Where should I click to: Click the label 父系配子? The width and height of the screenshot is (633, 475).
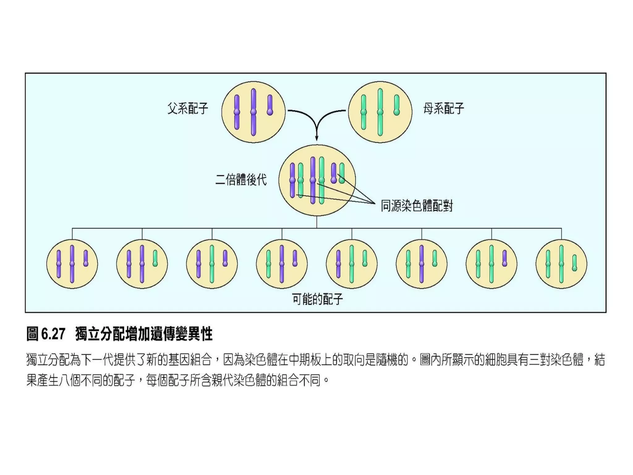188,109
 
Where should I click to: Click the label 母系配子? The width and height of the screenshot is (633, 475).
444,109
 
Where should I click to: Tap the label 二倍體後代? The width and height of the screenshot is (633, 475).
241,180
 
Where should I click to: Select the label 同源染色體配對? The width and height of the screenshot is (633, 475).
417,206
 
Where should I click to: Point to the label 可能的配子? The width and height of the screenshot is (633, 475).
317,299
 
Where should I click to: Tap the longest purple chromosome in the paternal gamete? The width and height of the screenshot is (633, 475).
253,112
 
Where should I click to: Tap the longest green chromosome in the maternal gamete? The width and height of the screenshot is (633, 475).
380,112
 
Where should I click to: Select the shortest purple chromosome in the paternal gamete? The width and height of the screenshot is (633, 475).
270,105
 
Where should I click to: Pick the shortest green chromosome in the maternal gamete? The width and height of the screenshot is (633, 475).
397,105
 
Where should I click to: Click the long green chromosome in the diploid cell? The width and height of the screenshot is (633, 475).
321,180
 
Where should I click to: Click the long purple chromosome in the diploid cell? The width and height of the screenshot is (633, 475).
313,180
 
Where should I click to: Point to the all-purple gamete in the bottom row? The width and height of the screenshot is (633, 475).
72,264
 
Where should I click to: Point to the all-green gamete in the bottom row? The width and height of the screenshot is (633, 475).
561,264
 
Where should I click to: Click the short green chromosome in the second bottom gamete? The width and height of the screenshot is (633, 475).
155,258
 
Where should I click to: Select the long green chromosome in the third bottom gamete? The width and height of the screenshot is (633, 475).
212,264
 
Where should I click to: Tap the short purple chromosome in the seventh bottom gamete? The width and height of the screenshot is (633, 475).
505,258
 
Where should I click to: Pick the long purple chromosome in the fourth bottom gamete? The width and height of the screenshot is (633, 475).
282,264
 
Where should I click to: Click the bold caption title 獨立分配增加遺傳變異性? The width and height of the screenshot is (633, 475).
144,334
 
